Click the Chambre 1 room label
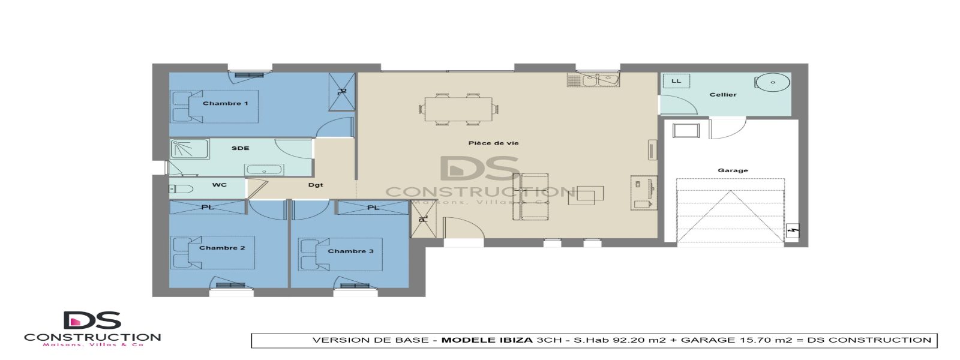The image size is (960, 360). [225, 103]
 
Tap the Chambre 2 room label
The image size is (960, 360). [222, 248]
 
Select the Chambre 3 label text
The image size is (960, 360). [350, 251]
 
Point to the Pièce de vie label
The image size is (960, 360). [493, 143]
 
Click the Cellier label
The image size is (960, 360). [723, 94]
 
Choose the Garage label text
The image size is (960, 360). [733, 170]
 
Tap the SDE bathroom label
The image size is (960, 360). [240, 148]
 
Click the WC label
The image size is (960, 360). [220, 185]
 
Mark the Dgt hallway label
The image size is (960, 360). [316, 185]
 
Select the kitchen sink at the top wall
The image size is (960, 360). [593, 79]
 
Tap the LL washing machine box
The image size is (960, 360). [676, 81]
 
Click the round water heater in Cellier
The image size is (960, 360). [772, 82]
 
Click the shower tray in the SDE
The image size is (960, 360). [189, 149]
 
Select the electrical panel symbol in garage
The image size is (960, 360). [793, 230]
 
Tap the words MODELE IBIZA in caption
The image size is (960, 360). [487, 340]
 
